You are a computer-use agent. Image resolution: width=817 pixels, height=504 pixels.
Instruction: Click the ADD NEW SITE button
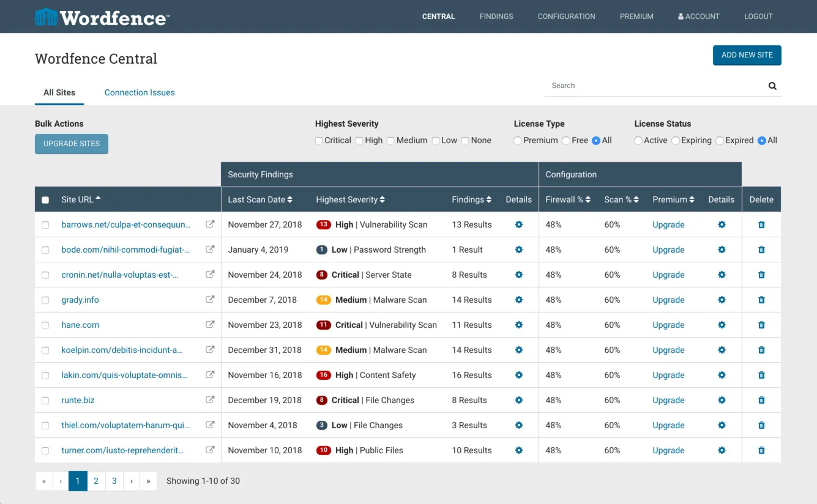(747, 55)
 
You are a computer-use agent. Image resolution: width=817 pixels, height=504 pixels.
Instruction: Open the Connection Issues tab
(140, 92)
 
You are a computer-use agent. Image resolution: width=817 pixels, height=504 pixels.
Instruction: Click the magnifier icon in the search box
(772, 86)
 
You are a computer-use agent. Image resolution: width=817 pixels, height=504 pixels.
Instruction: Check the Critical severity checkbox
(319, 141)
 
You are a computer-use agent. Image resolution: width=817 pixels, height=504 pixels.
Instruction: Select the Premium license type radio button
(518, 141)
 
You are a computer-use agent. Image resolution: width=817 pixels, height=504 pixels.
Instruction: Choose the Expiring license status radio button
(676, 141)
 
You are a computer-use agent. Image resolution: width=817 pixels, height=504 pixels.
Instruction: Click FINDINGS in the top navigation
(496, 17)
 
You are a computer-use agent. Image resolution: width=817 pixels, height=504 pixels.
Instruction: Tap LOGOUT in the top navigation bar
(758, 17)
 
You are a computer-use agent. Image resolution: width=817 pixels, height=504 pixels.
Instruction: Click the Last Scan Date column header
(260, 199)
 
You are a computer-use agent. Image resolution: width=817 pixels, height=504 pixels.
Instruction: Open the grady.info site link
(80, 300)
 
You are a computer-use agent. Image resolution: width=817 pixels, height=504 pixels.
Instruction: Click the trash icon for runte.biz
(761, 400)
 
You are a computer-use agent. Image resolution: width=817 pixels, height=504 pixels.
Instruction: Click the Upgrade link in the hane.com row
(668, 325)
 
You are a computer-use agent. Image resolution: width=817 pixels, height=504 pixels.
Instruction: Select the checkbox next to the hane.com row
(45, 325)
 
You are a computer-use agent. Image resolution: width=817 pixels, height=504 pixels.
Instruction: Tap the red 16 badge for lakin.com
(323, 375)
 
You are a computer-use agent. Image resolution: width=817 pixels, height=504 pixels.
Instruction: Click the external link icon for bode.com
(210, 250)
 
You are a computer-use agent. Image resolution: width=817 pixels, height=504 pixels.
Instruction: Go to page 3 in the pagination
(114, 481)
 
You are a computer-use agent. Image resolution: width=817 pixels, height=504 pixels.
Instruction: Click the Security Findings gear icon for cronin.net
(518, 275)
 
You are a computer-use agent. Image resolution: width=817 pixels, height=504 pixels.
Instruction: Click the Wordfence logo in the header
(102, 17)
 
